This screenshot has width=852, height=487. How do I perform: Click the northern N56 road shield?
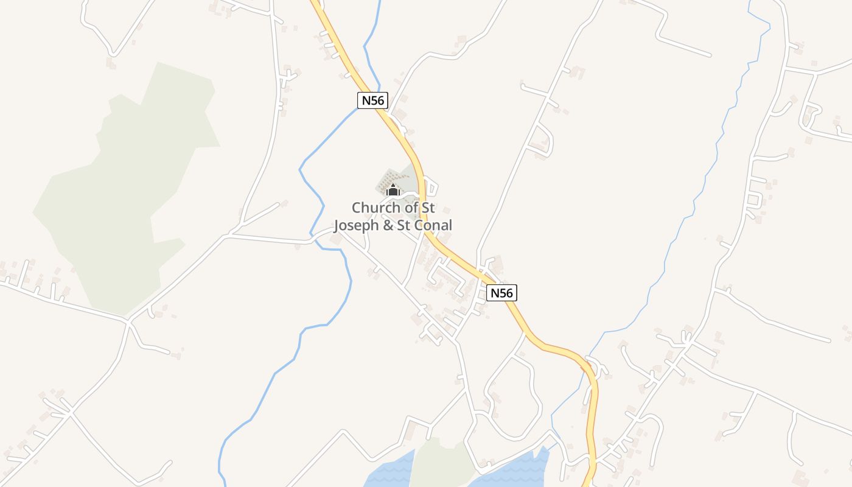[x=372, y=100]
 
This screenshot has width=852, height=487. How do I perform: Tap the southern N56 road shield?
[x=502, y=293]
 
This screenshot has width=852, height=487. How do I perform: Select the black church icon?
[x=393, y=190]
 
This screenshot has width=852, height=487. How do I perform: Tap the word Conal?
[x=433, y=225]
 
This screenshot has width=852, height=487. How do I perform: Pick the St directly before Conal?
[x=407, y=225]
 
